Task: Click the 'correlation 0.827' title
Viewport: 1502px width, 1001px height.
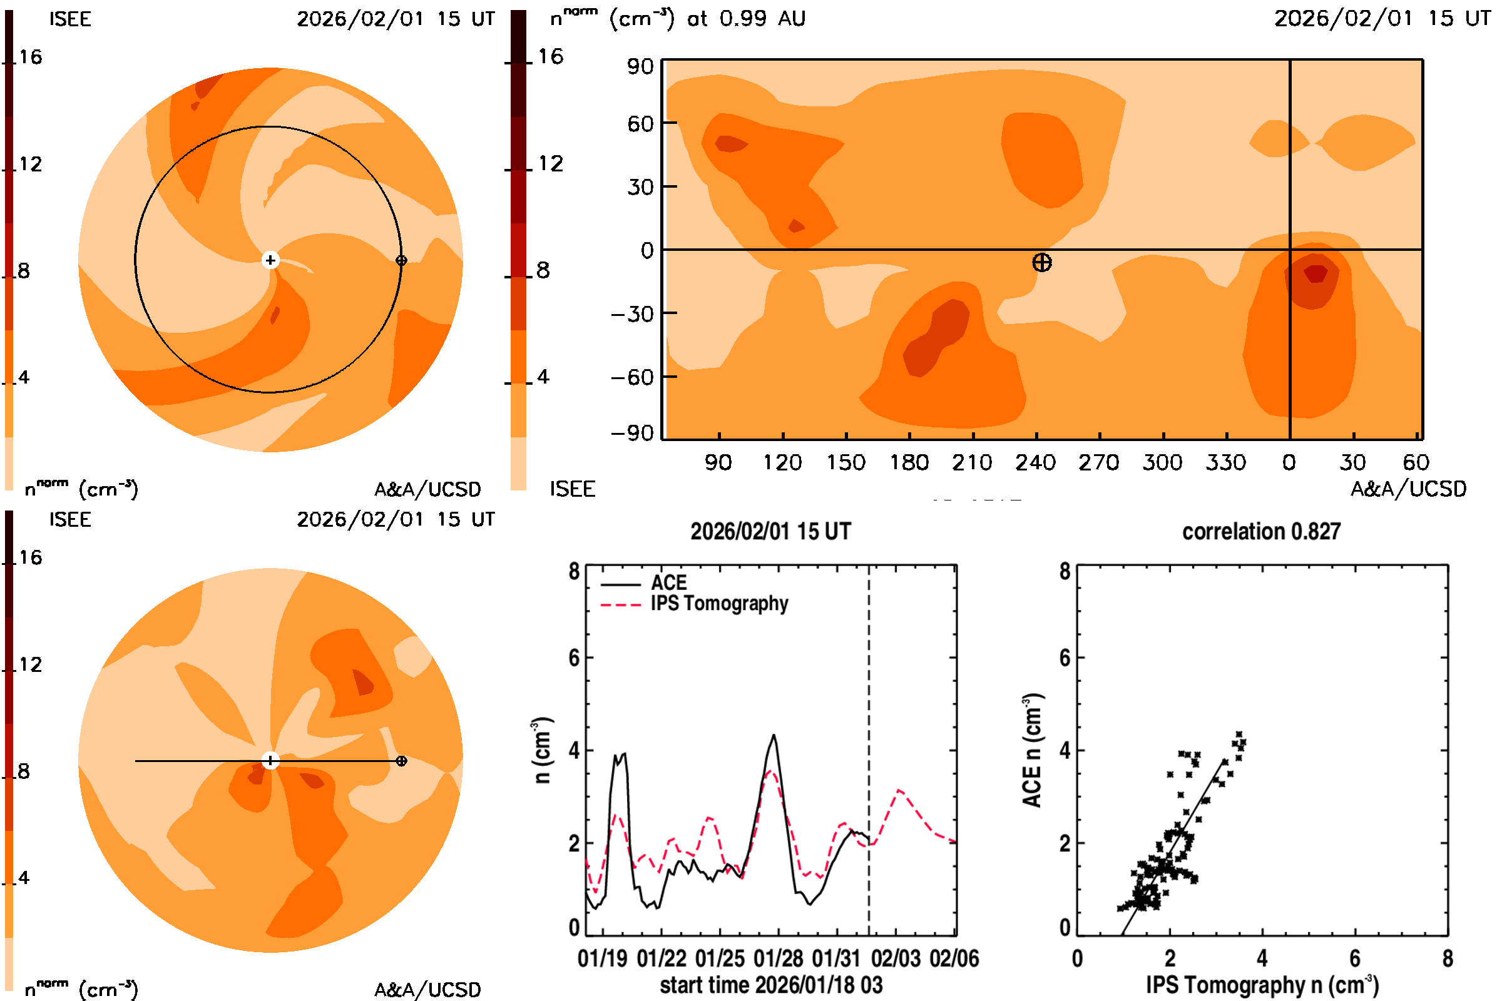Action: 1260,531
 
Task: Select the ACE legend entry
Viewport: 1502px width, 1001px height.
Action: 668,583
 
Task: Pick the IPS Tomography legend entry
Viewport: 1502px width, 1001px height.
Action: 718,603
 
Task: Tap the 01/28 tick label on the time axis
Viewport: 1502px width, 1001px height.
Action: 778,959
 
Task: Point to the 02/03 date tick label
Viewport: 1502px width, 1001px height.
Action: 896,959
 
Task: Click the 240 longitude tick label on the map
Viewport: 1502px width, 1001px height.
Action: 1035,462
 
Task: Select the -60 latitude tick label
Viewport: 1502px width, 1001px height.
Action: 632,377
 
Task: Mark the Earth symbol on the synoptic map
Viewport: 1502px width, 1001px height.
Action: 1041,262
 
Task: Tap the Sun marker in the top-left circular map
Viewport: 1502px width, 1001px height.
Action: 270,260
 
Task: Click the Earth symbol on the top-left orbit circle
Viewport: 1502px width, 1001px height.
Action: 401,260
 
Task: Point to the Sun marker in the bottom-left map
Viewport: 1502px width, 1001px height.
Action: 270,761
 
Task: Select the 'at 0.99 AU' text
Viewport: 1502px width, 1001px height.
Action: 746,19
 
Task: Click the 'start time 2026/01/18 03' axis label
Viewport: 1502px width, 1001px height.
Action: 771,985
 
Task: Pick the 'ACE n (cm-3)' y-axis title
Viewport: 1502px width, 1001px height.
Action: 1032,750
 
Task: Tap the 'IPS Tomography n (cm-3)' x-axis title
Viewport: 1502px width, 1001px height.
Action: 1262,985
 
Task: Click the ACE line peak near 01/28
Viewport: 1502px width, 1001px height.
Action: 774,736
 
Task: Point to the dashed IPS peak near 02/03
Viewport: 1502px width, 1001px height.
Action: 900,791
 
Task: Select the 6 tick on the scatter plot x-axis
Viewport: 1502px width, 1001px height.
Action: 1354,959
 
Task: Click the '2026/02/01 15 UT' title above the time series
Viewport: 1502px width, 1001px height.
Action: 770,531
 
